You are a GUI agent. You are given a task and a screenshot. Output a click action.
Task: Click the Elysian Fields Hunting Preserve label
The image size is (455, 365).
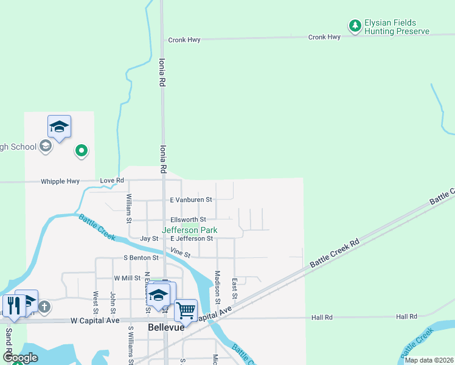[x=396, y=27]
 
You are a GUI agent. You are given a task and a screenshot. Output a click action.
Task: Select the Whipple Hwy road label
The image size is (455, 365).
[x=60, y=181]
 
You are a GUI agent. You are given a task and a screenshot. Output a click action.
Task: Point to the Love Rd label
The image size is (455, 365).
[x=112, y=181]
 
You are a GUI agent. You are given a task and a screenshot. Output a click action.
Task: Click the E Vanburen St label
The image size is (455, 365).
[x=190, y=200]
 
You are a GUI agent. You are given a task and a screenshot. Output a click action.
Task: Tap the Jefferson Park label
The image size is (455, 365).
[x=189, y=231]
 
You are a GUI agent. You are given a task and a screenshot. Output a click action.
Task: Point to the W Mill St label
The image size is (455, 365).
[x=127, y=278]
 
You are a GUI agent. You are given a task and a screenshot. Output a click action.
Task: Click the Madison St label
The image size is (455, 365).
[x=217, y=284]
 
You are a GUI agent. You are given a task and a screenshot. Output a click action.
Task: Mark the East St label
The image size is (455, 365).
[x=235, y=288]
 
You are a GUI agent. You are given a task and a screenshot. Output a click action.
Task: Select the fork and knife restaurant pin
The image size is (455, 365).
[x=13, y=304]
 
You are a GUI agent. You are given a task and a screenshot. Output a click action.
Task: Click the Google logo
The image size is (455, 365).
[x=20, y=358]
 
